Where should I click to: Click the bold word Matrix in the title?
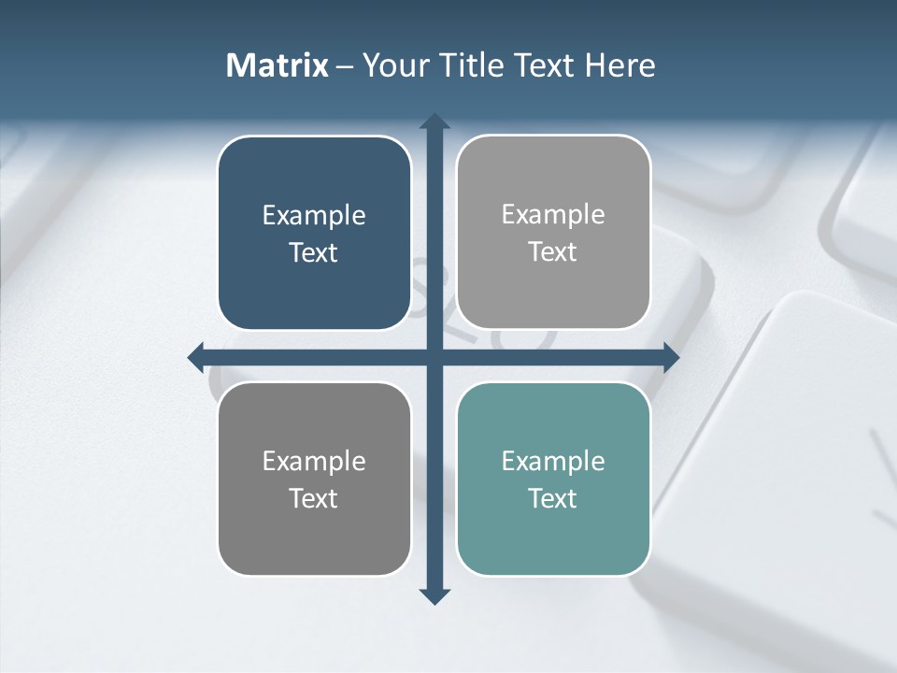(278, 65)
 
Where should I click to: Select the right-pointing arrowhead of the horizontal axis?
(670, 357)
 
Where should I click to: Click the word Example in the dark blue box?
(314, 216)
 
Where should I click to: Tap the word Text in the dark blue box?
(314, 253)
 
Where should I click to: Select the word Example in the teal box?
(553, 461)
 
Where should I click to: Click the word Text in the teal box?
(553, 498)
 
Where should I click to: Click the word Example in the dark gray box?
(314, 461)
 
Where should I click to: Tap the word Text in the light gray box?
(553, 252)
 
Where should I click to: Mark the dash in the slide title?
(345, 66)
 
